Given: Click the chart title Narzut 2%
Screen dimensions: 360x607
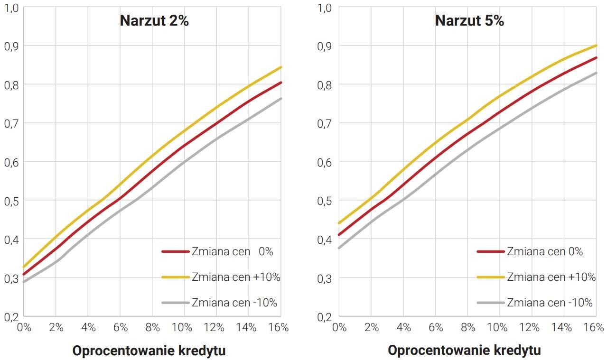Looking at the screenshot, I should [154, 21].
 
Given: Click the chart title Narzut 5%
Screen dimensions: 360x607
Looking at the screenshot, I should [469, 21].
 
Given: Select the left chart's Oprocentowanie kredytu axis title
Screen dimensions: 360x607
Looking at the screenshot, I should [149, 351].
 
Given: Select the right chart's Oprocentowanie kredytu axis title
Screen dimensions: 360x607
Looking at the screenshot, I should [464, 351].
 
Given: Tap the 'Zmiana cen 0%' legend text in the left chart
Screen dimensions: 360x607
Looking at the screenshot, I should [233, 252].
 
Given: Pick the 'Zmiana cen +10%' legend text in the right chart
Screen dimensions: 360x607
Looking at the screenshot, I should [551, 277].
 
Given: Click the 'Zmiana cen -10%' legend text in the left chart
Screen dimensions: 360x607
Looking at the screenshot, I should [234, 303].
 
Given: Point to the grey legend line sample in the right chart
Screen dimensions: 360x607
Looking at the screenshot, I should [490, 303].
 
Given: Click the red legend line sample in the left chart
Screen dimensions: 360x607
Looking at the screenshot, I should [175, 252].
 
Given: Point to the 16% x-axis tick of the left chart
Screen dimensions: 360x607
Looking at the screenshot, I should [278, 328].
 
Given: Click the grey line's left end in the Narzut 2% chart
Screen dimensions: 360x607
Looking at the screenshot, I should [24, 282].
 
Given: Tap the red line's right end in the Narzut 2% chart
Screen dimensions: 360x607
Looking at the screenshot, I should [281, 83].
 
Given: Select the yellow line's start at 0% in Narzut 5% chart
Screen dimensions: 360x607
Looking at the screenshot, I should [339, 223].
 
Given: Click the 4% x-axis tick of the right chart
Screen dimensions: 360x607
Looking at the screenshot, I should [403, 328].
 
